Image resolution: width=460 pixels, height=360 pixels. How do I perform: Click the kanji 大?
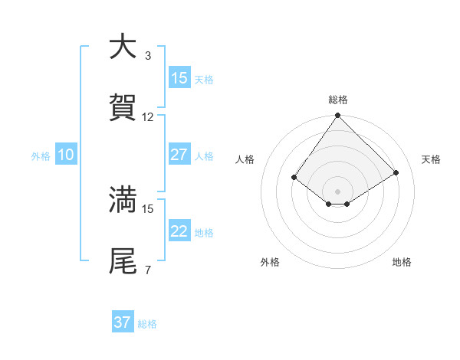123,47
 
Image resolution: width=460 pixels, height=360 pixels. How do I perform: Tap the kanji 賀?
123,108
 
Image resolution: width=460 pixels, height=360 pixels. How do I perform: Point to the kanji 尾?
123,260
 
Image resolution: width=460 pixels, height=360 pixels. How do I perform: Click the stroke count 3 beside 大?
148,56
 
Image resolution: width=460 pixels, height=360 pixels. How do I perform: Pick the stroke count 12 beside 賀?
148,117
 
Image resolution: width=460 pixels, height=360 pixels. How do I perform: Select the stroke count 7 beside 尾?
148,270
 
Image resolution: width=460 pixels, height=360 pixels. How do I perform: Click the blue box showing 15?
179,78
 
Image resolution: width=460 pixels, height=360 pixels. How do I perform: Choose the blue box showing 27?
179,155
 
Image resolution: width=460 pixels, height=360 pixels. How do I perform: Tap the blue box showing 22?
179,231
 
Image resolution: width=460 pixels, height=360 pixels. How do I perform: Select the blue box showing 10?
66,155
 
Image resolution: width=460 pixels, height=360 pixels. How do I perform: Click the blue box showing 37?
123,322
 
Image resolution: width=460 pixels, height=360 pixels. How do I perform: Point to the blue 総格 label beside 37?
148,324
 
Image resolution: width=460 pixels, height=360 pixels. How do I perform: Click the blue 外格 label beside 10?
41,156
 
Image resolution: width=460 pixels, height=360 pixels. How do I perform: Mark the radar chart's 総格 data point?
337,116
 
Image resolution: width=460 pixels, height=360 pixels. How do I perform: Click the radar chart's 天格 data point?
396,172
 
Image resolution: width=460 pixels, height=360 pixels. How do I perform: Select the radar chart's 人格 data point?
294,178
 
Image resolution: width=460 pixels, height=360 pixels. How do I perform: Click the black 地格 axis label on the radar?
402,263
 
